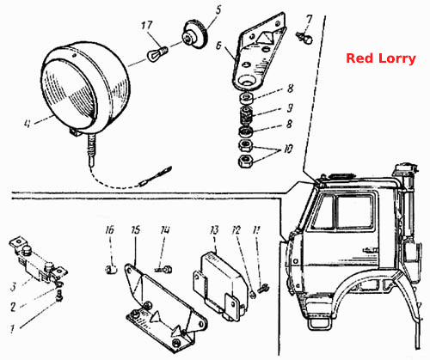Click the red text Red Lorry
381,58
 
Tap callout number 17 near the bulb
147,26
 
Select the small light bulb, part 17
157,53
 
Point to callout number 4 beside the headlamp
27,124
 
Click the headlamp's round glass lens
68,94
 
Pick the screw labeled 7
304,38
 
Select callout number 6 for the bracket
218,46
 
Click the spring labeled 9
246,115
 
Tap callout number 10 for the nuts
288,149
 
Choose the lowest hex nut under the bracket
246,161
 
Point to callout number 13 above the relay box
214,230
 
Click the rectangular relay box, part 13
219,285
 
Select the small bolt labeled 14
163,270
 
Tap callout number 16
109,230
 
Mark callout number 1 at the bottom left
12,329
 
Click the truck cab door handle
371,250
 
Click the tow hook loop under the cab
319,323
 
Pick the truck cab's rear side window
355,212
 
